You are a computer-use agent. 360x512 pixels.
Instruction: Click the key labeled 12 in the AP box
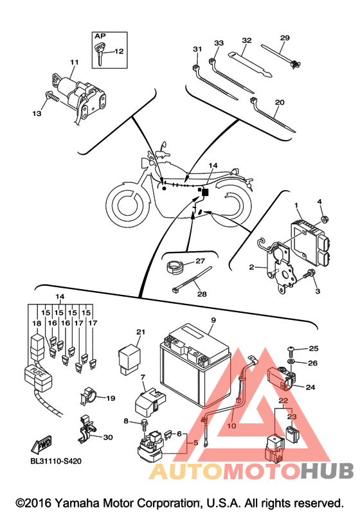[x=100, y=53]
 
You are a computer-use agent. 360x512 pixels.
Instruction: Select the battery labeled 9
[x=195, y=365]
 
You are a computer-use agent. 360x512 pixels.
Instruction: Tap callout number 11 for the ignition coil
[x=75, y=62]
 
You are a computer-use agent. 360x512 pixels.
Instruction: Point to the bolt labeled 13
[x=52, y=96]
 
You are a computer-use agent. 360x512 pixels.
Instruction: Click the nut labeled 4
[x=325, y=219]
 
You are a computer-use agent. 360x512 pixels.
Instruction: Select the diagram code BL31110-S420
[x=56, y=461]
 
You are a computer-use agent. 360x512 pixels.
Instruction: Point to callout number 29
[x=285, y=37]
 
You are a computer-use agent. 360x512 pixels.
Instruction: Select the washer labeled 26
[x=291, y=362]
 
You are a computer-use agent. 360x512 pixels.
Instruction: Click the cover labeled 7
[x=150, y=401]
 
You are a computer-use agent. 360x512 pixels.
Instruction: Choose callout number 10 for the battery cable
[x=231, y=426]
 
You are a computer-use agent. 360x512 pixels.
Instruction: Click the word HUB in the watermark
[x=328, y=470]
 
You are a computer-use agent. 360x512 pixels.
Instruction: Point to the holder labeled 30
[x=87, y=428]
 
